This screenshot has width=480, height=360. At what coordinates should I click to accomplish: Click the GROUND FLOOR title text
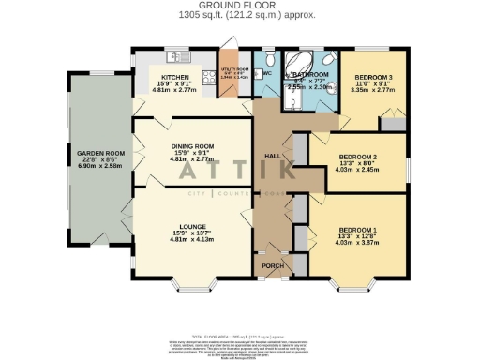click(x=239, y=5)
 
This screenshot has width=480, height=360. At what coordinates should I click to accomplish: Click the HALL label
click(x=273, y=156)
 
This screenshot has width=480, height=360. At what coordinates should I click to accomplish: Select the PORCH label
click(x=272, y=266)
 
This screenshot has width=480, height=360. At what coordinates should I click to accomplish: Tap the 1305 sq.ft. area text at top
click(x=239, y=15)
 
